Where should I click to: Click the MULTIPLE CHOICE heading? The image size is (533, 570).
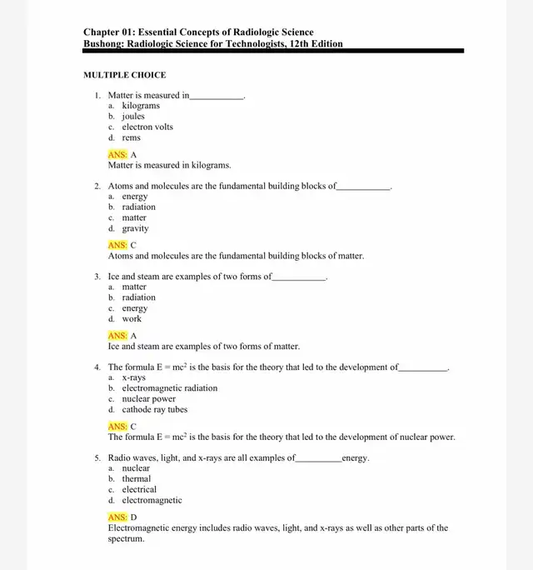125,75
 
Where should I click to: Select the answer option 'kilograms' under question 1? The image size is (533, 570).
141,106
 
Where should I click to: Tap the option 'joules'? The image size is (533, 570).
133,117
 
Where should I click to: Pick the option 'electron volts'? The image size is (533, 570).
147,127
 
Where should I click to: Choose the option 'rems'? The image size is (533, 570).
132,137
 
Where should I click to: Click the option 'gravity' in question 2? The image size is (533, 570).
135,228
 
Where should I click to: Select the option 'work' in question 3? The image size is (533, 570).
132,318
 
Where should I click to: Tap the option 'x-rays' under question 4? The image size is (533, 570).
133,377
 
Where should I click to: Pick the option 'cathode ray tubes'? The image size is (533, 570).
155,409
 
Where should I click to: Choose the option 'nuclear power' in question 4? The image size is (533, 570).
149,398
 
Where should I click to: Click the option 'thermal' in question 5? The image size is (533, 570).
137,479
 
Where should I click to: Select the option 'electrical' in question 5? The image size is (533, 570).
139,489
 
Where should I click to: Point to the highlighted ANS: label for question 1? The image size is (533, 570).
117,155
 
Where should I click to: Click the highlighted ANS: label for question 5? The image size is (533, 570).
117,517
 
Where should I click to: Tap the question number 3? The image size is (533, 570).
97,277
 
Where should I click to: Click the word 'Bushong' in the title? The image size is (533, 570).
103,44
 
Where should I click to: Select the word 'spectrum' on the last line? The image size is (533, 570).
126,538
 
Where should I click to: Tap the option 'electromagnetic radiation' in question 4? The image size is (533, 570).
170,388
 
